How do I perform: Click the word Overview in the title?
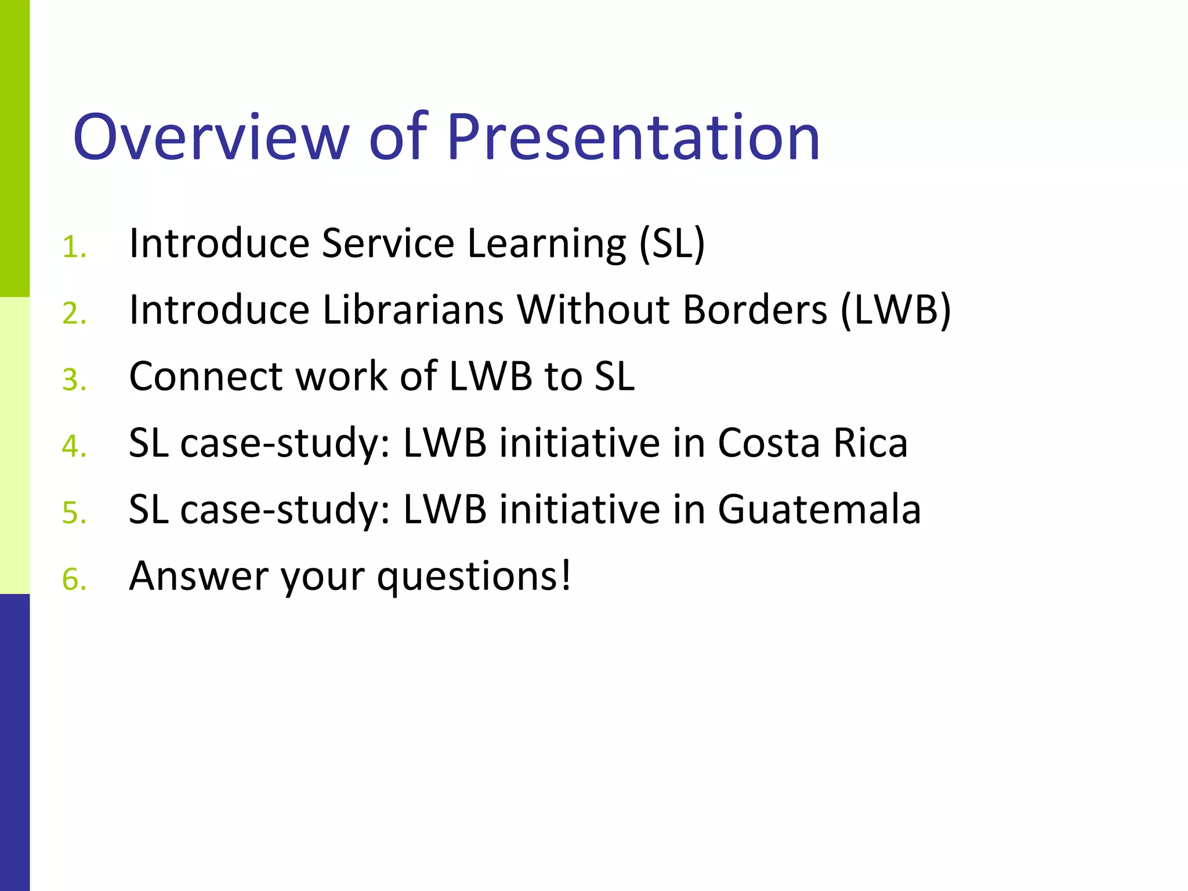(x=211, y=137)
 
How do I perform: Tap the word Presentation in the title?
(x=633, y=137)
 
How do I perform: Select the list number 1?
(x=74, y=248)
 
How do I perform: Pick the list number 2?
(x=74, y=314)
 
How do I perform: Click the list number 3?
(x=74, y=381)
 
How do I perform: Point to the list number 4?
(x=74, y=447)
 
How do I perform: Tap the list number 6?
(x=74, y=580)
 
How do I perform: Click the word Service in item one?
(x=388, y=243)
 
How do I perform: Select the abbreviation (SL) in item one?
(x=672, y=244)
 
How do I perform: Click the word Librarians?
(x=413, y=310)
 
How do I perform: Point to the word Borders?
(x=755, y=310)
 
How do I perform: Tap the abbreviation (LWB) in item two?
(x=896, y=311)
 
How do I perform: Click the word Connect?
(x=205, y=376)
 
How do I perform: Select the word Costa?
(x=769, y=444)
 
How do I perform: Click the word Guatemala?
(x=819, y=510)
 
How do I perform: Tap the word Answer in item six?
(x=198, y=577)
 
